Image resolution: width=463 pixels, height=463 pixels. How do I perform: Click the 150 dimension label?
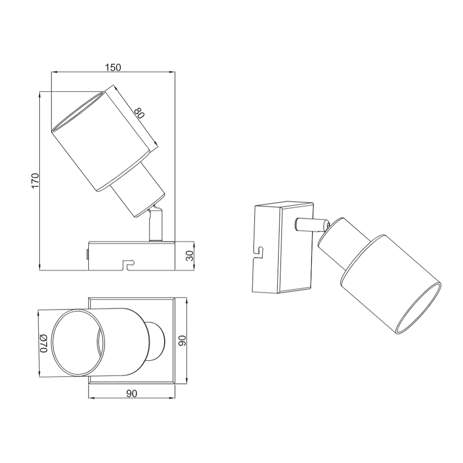coord(113,68)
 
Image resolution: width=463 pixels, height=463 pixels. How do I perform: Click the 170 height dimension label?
coord(35,181)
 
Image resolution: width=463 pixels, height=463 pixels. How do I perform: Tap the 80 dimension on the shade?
coord(139,113)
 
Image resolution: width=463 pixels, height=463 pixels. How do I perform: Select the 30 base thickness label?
coord(189,256)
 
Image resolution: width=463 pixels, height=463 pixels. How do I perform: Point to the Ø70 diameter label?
coord(44,344)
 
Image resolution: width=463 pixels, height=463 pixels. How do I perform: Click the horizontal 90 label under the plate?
coord(131,394)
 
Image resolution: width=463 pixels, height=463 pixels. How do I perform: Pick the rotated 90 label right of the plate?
coord(182,341)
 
